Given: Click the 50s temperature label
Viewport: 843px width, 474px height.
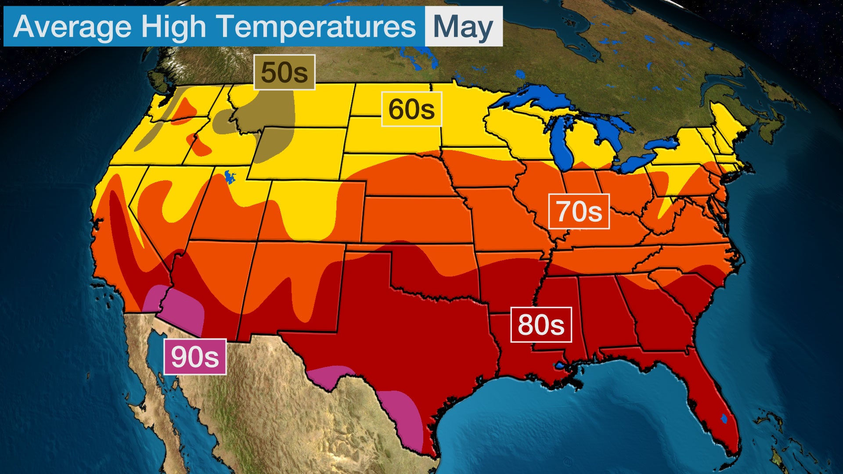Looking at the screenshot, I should [284, 72].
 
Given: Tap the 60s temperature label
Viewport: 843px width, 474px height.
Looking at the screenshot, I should [411, 109].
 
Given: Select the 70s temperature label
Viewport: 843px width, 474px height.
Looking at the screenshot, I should [579, 212].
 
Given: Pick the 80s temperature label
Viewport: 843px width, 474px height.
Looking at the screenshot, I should [540, 325].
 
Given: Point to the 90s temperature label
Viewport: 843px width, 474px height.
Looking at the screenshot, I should [195, 357].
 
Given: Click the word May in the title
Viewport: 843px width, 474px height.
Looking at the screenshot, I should [463, 27].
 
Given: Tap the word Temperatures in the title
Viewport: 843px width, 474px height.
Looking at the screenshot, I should [316, 27].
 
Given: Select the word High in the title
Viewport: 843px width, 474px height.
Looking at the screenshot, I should [173, 27].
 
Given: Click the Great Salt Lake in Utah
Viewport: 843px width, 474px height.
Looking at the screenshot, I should [229, 176].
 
